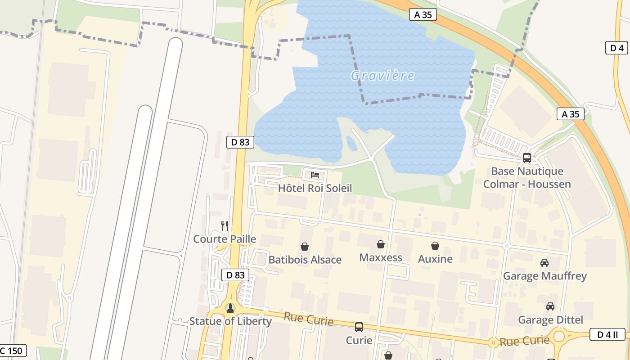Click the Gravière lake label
[x=382, y=76]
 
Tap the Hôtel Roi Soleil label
[x=315, y=188]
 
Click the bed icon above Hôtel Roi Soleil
[x=315, y=175]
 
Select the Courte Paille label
[x=225, y=239]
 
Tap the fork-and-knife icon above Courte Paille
[x=225, y=225]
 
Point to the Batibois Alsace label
[x=305, y=260]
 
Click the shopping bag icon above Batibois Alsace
[x=305, y=247]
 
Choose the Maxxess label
[x=381, y=258]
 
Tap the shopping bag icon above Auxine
[x=435, y=246]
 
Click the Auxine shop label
[x=435, y=259]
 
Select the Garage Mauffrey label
[x=544, y=276]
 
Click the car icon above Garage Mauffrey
[x=544, y=262]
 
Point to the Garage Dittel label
[x=550, y=320]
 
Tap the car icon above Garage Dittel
[x=550, y=306]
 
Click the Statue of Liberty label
[x=230, y=321]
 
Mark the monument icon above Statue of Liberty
[x=230, y=308]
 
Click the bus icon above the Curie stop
[x=359, y=327]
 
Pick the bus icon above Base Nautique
[x=527, y=158]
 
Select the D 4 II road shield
[x=607, y=334]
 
